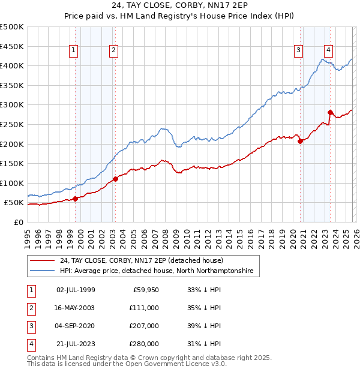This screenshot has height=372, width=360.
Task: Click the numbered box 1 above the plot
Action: point(73,51)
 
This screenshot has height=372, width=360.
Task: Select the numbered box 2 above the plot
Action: point(113,51)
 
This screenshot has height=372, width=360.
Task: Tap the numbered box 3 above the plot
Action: point(298,51)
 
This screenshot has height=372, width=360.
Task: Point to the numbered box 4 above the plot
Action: point(329,51)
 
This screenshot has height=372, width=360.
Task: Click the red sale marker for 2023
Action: point(330,112)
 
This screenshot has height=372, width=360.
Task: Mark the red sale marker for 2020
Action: point(300,141)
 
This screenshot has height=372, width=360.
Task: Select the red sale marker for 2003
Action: point(115,179)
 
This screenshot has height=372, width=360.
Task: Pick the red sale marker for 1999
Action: point(75,199)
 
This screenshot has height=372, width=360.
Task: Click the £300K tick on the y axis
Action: point(12,104)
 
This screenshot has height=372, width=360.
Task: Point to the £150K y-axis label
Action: point(12,163)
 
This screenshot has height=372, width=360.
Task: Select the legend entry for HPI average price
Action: point(156,271)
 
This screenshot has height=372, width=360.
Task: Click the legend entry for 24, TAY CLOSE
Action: point(141,260)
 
